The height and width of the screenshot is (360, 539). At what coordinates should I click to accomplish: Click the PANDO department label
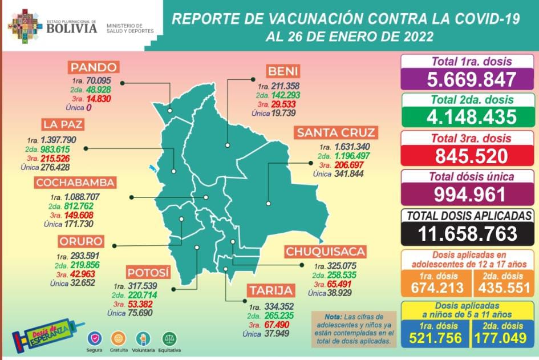94,67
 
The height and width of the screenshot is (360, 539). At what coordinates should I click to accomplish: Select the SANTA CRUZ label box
336,133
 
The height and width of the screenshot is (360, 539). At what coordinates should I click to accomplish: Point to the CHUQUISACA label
325,252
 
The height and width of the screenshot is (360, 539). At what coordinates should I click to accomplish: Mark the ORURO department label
80,241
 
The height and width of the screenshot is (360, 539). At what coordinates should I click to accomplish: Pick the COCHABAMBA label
75,183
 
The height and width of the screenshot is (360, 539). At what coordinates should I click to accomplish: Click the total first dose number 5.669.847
468,79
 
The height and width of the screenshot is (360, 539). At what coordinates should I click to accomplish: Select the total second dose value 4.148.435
468,117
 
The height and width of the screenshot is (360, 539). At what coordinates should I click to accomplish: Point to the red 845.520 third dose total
468,156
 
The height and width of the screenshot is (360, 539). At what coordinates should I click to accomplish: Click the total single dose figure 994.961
468,194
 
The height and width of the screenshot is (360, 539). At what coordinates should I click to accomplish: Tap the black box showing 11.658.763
468,233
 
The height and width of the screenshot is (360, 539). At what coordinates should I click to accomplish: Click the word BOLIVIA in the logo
72,28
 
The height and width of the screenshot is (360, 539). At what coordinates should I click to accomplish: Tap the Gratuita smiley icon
118,339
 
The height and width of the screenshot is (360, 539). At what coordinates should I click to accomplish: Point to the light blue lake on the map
152,169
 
